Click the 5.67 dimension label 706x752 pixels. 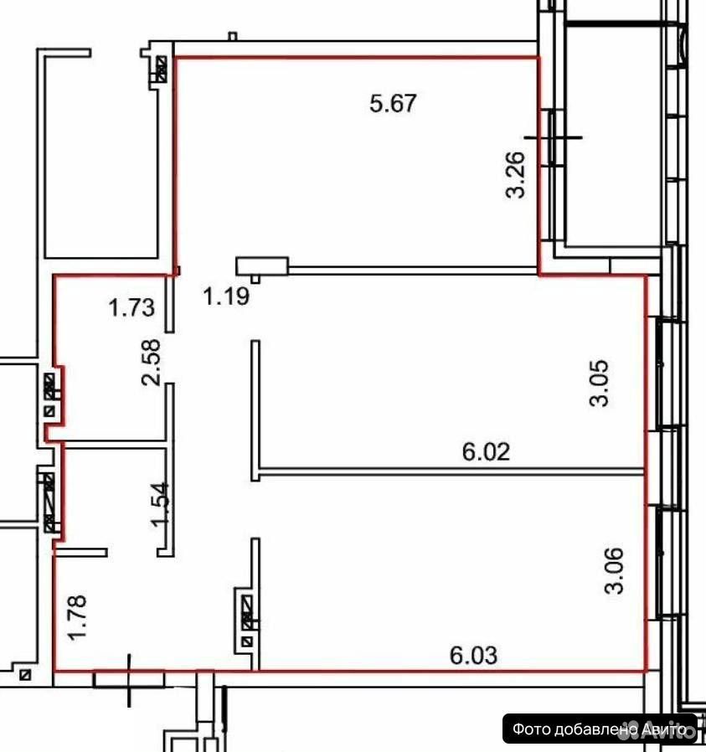pos(394,104)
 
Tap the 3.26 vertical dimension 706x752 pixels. pos(516,174)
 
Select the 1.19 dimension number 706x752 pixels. pos(226,296)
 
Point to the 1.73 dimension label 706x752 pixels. pos(131,307)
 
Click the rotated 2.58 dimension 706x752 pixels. pos(151,363)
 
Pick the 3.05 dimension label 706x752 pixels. pos(599,384)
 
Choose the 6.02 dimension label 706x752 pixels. pos(486,451)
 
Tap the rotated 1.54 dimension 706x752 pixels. pos(160,505)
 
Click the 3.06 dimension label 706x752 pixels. pos(615,571)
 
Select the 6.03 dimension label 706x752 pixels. pos(473,656)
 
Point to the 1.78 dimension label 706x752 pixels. pos(77,616)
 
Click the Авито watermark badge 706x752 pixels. pos(600,729)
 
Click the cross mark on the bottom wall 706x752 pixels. pos(129,680)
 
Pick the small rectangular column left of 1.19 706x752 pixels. pos(261,265)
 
